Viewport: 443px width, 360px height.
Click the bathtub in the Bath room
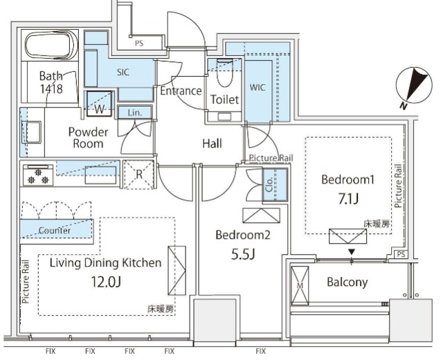[51, 45]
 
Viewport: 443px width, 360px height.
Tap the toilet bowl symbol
[224, 72]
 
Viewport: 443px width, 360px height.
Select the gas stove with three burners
[38, 175]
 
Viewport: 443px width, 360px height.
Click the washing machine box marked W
[99, 103]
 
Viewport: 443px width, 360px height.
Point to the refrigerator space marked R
[139, 174]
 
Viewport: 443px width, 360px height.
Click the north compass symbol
[414, 85]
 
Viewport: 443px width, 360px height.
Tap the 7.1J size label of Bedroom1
[348, 199]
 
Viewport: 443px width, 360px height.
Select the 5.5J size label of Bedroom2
[243, 254]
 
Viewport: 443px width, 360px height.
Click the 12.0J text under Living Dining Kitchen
[106, 282]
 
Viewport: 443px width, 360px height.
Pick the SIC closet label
[123, 72]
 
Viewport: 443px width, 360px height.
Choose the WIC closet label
[257, 88]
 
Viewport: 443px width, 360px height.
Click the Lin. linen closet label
[134, 113]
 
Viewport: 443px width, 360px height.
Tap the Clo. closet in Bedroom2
[275, 185]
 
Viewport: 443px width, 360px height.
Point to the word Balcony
[347, 282]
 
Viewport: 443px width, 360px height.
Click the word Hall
[212, 143]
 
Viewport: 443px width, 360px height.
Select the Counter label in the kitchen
[54, 231]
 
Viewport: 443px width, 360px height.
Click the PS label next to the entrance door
[138, 43]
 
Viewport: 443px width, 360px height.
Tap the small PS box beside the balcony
[401, 254]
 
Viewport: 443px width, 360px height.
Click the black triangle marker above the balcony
[351, 251]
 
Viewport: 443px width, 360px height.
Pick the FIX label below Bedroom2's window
[260, 351]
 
